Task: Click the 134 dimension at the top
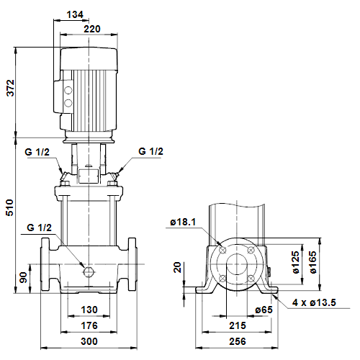click(75, 14)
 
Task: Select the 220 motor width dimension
click(92, 29)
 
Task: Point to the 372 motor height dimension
click(11, 88)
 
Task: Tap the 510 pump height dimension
click(10, 207)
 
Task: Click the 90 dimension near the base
click(23, 277)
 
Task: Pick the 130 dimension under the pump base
click(89, 310)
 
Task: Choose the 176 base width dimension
click(89, 325)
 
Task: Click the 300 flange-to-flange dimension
click(89, 341)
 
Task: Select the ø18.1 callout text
click(183, 222)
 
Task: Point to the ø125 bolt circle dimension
click(296, 262)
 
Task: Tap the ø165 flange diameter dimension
click(313, 262)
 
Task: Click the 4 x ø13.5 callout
click(314, 302)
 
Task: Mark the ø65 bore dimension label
click(264, 310)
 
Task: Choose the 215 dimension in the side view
click(238, 325)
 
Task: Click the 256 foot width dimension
click(238, 341)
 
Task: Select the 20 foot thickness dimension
click(177, 267)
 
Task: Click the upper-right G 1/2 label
click(150, 151)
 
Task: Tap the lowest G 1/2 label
click(39, 228)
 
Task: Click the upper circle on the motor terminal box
click(68, 91)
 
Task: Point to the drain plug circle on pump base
click(88, 271)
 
